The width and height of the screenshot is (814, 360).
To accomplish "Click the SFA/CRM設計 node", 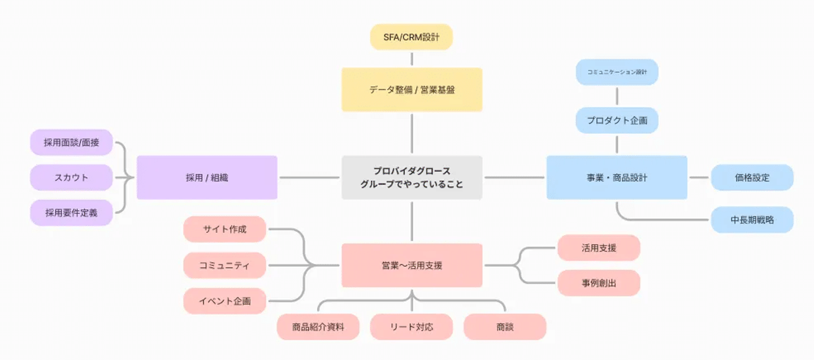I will point(411,37).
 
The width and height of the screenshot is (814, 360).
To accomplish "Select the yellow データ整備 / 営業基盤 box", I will point(412,89).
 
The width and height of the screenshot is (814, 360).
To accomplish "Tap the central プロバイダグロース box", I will point(412,177).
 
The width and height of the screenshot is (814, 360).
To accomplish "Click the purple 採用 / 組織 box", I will point(207,177).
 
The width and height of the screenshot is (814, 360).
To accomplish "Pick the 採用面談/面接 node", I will point(71,142).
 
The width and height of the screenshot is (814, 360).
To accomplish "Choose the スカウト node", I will point(71,177).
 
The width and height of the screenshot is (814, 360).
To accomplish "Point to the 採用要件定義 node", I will point(71,212).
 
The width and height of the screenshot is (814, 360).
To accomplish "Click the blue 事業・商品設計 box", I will point(617,177).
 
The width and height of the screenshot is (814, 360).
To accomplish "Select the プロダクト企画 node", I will point(617,120).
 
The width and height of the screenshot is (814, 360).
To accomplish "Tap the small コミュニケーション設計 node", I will point(617,72).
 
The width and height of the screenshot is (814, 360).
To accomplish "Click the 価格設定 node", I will point(752,177).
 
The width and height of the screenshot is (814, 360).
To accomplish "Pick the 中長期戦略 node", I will point(752,220).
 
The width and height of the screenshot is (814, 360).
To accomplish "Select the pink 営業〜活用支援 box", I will point(412,265).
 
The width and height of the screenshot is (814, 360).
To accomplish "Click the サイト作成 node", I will point(224,229).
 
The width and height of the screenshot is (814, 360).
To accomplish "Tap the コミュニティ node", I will point(224,265).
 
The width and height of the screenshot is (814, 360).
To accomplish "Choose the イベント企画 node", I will point(224,301).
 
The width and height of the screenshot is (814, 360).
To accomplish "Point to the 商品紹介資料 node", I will point(318,327).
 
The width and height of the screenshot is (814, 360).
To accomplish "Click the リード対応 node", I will point(412,327).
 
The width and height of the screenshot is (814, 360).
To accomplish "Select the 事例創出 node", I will point(599,283).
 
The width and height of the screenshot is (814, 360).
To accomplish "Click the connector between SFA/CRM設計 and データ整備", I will point(412,59).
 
